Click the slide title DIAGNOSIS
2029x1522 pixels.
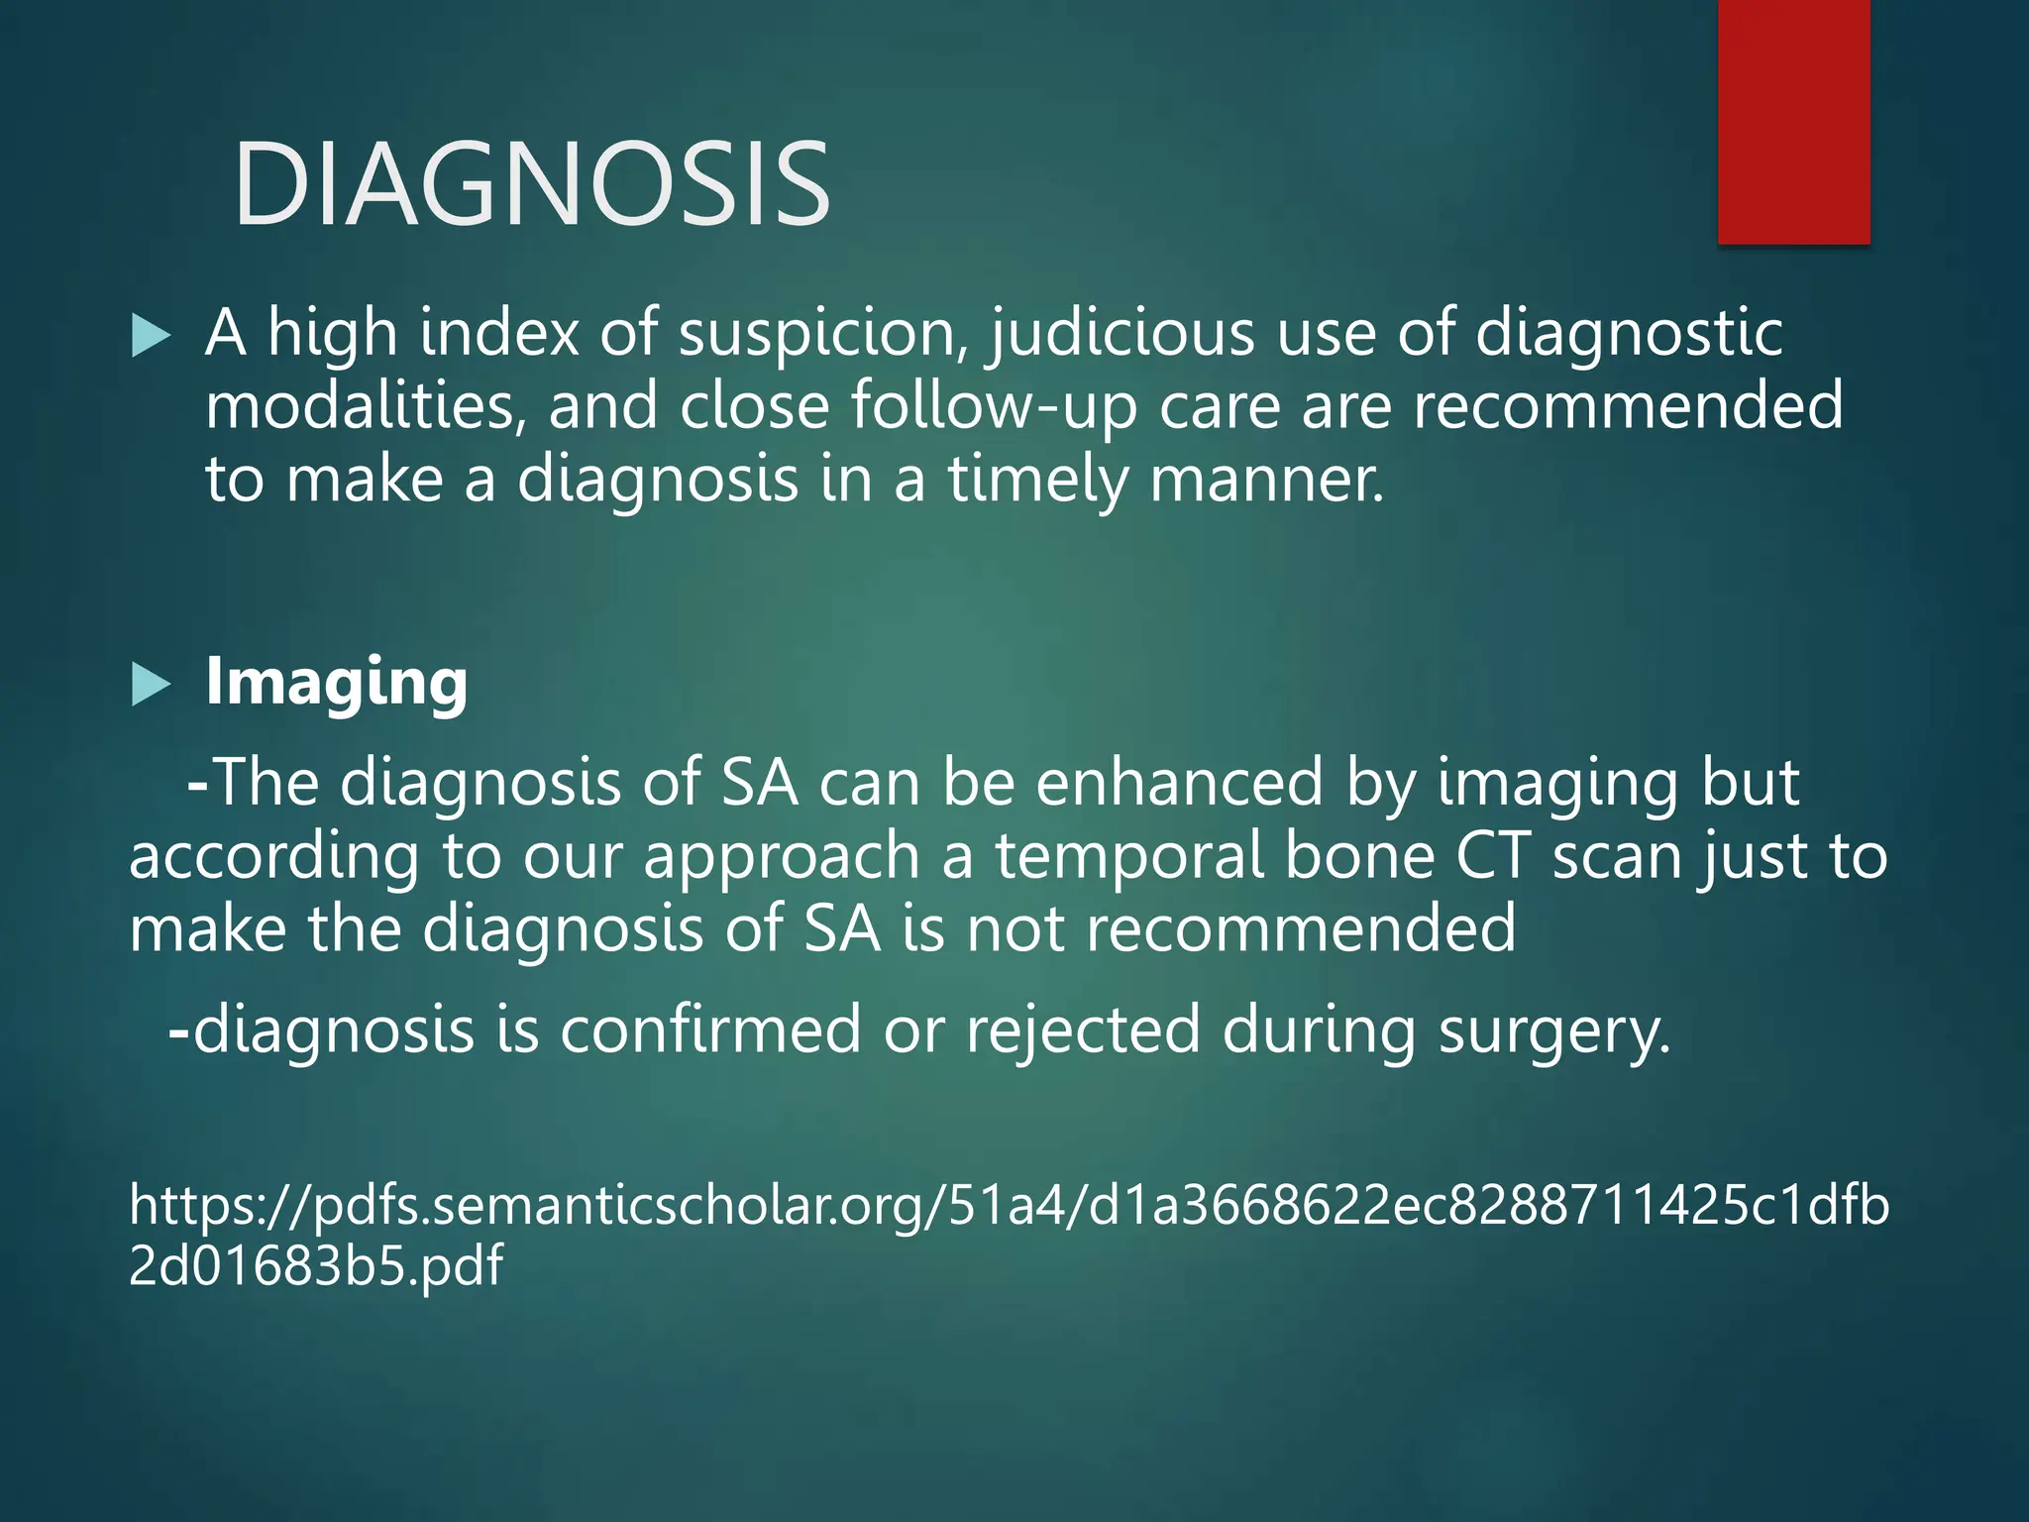(x=532, y=185)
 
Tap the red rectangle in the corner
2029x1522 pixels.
(x=1793, y=121)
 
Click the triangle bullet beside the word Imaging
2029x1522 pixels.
(x=151, y=685)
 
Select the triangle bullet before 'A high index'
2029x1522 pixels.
(x=151, y=336)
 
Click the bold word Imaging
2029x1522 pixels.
(x=336, y=684)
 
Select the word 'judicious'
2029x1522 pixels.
(x=1121, y=334)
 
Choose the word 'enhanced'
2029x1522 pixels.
(x=1180, y=783)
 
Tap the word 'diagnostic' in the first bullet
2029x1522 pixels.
(x=1629, y=334)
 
